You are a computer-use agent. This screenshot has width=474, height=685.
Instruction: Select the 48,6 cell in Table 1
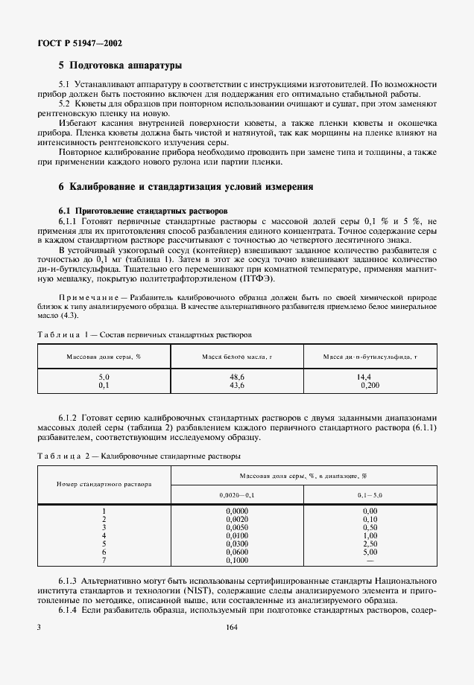[237, 378]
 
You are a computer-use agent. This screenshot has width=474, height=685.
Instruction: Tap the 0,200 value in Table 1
[369, 386]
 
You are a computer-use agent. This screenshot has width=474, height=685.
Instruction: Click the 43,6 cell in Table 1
[237, 386]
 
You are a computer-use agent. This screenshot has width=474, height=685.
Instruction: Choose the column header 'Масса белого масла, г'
[237, 357]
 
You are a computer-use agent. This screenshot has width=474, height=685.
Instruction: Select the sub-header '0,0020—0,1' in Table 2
[237, 494]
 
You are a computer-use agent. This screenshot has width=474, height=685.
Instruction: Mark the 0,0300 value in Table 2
[237, 544]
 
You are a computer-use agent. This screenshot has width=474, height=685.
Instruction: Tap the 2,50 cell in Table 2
[370, 544]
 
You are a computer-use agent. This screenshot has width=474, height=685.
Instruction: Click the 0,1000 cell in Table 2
[237, 561]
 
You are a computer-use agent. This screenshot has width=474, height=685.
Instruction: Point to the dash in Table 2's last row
[370, 561]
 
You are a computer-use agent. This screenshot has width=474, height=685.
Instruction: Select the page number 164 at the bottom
[230, 627]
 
